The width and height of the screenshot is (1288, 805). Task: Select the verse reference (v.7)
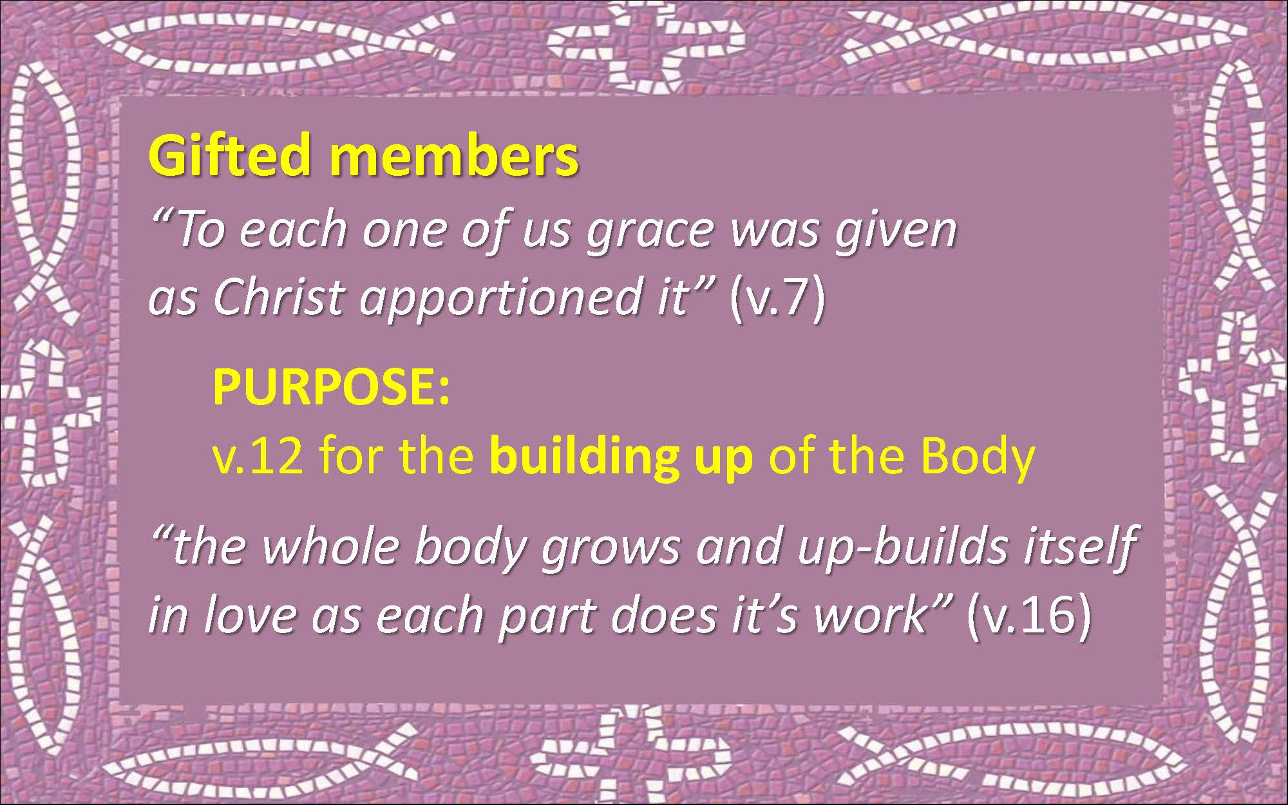777,299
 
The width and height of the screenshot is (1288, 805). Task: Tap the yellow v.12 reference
258,457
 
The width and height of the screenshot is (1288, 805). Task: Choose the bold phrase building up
621,458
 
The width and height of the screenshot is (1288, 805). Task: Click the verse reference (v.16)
1028,616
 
